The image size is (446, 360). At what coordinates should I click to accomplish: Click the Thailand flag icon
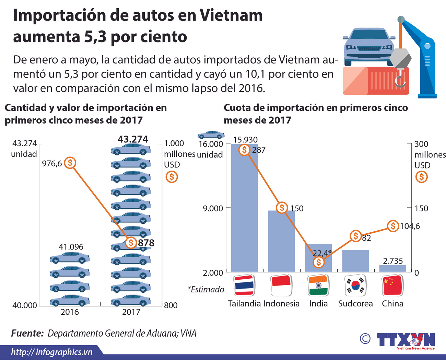coord(244,285)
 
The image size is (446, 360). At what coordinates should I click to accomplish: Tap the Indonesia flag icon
coord(281,285)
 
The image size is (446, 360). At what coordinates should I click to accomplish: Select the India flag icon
coord(318,285)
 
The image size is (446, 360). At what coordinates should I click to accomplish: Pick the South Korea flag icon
coord(355,285)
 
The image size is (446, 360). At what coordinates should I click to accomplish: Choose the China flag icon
coord(392,285)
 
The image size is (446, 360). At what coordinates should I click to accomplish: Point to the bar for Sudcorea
coord(355,261)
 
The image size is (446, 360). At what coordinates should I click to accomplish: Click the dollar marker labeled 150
coord(282,208)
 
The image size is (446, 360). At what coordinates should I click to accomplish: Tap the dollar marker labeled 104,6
coord(393,226)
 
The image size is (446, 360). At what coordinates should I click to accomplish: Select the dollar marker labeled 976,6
coord(70,163)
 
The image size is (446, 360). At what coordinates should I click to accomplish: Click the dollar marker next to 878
coord(131,243)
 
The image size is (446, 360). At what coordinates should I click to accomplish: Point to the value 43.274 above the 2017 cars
coord(133,139)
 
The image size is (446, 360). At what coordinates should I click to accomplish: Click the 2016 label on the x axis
coord(70,312)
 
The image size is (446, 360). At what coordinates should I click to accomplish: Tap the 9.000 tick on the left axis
coord(213,208)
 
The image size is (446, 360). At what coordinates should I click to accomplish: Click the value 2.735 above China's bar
coord(393,261)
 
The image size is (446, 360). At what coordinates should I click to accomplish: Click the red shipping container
coord(376,81)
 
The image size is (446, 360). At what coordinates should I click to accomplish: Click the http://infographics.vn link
coord(52,352)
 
